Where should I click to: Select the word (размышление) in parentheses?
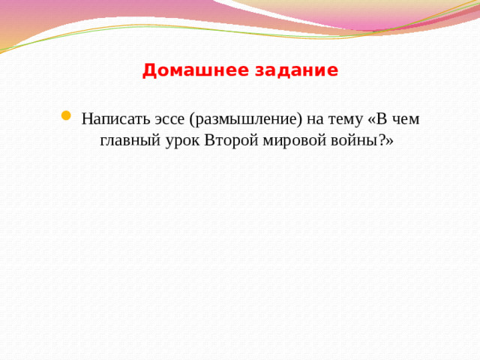coord(244,119)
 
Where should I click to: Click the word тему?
coord(344,119)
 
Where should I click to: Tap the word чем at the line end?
coord(404,119)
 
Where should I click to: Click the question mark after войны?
coord(376,141)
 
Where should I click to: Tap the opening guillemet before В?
coord(373,120)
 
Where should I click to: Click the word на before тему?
coord(313,119)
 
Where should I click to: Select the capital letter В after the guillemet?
coord(382,119)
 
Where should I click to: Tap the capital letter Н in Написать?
coord(87,119)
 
